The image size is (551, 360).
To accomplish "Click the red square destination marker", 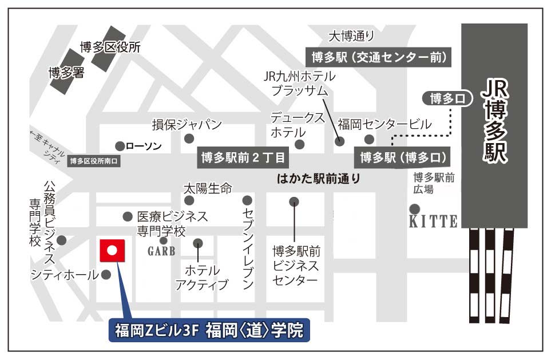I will pos(113,250).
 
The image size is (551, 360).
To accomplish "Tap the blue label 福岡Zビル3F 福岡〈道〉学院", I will pos(209,331).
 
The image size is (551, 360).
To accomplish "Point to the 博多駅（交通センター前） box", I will pos(379,57).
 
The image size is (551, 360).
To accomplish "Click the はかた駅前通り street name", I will pos(319,179).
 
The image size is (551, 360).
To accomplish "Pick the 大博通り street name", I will pos(351,37).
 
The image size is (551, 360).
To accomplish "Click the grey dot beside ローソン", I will pos(120,146).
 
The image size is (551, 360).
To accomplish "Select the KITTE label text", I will pos(433,221).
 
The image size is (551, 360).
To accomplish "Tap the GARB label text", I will pos(161,251).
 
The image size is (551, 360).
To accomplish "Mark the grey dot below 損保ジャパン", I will pos(189,139).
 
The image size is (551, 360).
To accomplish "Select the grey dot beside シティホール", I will pos(106,275).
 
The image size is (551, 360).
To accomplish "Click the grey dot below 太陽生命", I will pos(189,200).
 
